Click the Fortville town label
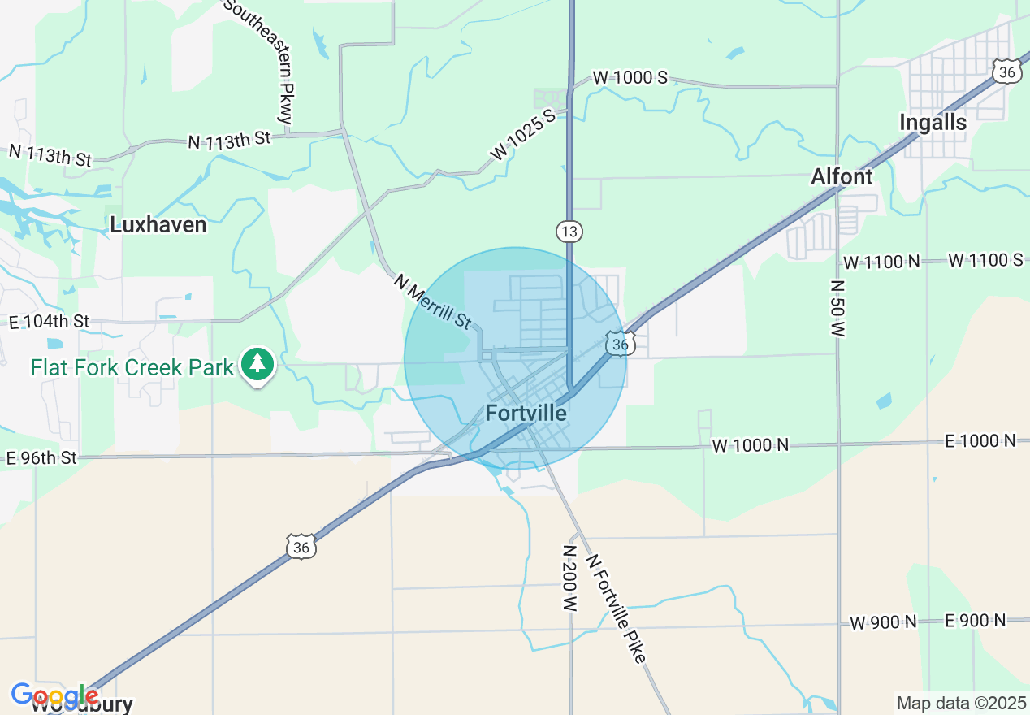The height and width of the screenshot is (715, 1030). coord(526,413)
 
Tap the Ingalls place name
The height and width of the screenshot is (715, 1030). coord(933,123)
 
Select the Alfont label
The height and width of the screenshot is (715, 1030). coord(842,176)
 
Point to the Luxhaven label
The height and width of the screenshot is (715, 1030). coord(158,225)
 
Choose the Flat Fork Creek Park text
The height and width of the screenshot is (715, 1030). coord(132,367)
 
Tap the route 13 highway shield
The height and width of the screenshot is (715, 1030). coord(569,232)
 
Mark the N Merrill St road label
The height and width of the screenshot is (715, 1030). coord(432,301)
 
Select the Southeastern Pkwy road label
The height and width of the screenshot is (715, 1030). coord(259,61)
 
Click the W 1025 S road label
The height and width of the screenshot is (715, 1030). coord(522,132)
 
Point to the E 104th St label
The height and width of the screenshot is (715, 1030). coord(48,323)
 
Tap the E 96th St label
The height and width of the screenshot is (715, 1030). coord(41,458)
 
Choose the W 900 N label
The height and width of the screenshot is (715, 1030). coord(884,622)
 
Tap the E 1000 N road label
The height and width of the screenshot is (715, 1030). coord(980,441)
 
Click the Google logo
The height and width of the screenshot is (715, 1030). coord(54,696)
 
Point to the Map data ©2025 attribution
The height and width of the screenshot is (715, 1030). coord(960,703)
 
